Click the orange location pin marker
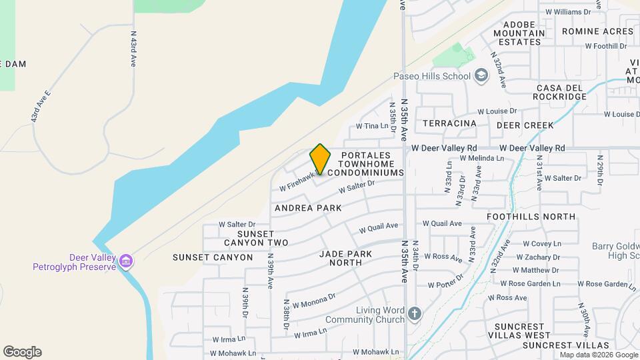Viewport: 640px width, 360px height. pyautogui.click(x=321, y=159)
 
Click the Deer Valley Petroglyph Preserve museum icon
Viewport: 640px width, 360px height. pyautogui.click(x=125, y=262)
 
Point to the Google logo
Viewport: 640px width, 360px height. pyautogui.click(x=22, y=352)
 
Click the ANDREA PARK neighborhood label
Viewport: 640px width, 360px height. pyautogui.click(x=308, y=208)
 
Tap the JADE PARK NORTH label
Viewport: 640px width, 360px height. pyautogui.click(x=350, y=258)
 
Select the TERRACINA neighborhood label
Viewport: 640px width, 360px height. pyautogui.click(x=449, y=123)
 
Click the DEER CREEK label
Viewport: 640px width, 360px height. pyautogui.click(x=525, y=125)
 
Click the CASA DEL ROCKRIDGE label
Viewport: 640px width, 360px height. pyautogui.click(x=561, y=92)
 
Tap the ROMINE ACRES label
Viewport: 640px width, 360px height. pyautogui.click(x=597, y=31)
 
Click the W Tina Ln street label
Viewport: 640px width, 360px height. pyautogui.click(x=371, y=125)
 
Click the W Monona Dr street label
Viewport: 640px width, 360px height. pyautogui.click(x=312, y=301)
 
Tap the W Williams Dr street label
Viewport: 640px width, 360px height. pyautogui.click(x=568, y=12)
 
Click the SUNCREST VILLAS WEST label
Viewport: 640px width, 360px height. pyautogui.click(x=518, y=335)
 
